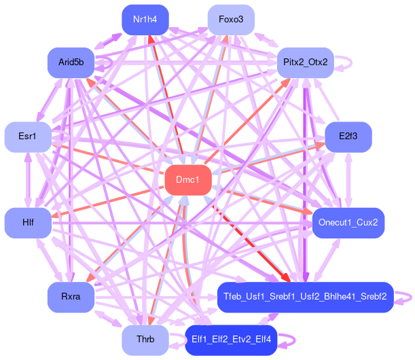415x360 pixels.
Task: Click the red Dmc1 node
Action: [x=187, y=180]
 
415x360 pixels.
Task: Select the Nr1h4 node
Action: [x=145, y=19]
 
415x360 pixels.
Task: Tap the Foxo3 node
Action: [x=231, y=19]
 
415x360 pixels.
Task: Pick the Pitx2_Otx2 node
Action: [x=305, y=62]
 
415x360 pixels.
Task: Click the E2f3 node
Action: [x=348, y=137]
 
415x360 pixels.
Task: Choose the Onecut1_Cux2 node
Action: [x=348, y=223]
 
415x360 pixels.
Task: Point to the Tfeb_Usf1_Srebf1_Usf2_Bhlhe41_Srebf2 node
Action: [x=305, y=297]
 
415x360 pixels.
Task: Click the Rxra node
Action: [x=71, y=297]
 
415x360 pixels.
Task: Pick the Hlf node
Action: [x=28, y=223]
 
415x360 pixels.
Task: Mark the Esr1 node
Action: [x=28, y=137]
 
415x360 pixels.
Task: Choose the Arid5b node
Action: [x=71, y=62]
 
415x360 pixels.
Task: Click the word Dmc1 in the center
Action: [x=187, y=180]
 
